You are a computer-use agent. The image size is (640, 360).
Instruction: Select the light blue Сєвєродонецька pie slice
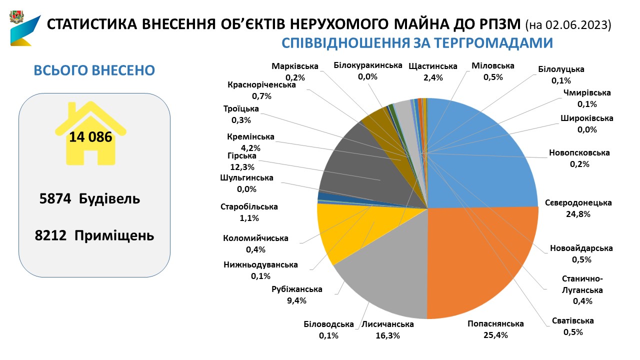coord(480,155)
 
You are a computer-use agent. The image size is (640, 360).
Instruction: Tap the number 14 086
coord(90,136)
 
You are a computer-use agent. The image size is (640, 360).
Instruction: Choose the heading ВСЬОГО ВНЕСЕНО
coord(94,70)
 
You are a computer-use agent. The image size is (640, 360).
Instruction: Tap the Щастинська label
coord(433,66)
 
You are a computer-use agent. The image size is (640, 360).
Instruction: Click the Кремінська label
coord(250,137)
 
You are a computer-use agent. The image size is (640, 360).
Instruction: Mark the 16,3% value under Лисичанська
coord(387,335)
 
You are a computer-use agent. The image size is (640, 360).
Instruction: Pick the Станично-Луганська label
coord(582,284)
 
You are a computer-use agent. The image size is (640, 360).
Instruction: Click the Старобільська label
coord(249,206)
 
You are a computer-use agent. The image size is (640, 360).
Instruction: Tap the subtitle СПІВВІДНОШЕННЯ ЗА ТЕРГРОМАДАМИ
coord(417,43)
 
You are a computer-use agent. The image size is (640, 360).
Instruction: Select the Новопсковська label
coord(579,153)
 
